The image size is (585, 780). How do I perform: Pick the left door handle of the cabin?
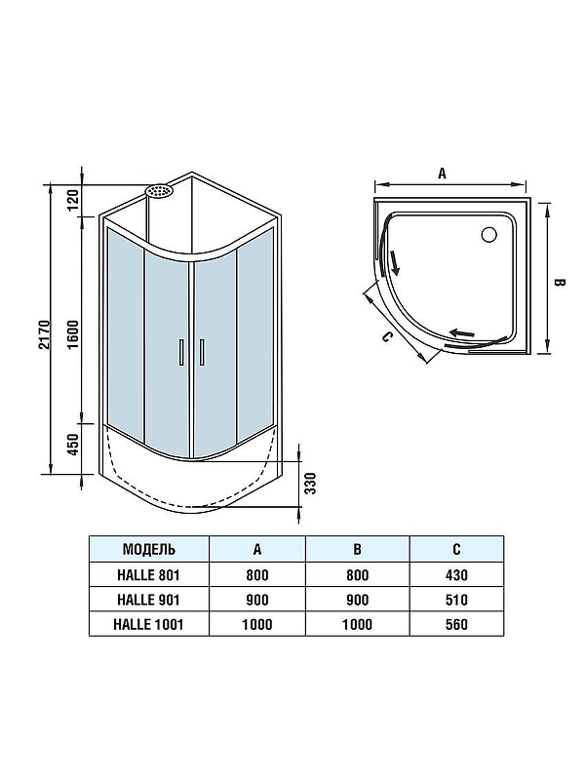tap(181, 352)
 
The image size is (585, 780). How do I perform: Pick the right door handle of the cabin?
tap(202, 352)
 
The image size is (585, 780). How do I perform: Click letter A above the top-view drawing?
tap(443, 174)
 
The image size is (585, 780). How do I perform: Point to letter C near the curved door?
tap(387, 337)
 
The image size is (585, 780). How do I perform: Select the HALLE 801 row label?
tap(149, 574)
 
